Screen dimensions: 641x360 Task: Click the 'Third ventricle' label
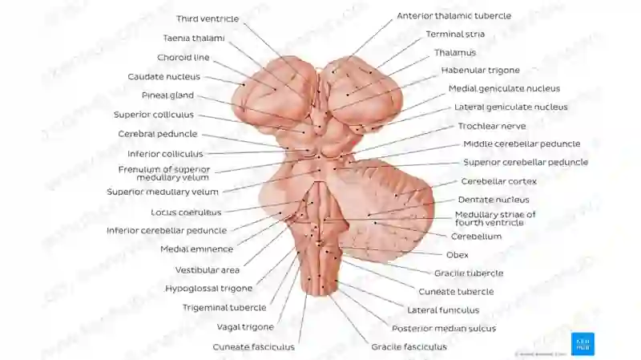208,18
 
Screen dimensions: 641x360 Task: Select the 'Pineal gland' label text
167,95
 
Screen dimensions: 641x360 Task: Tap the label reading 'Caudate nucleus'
164,76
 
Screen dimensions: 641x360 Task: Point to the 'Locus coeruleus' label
186,212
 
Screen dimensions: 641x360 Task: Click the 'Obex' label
457,255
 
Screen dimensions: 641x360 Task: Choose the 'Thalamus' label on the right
455,53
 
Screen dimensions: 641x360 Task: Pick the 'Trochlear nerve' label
492,126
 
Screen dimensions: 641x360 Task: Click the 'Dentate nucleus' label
494,200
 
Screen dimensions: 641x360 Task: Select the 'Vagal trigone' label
245,327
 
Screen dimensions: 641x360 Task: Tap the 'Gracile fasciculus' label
409,347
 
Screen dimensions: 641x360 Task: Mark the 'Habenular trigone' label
480,71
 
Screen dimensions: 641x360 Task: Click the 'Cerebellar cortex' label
498,181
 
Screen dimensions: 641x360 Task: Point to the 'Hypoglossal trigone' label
208,289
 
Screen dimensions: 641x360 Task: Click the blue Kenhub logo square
583,344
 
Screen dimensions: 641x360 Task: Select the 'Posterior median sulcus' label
444,329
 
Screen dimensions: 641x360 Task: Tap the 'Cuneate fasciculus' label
253,347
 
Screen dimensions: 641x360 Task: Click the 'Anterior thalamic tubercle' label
454,16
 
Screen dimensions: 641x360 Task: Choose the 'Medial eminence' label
196,249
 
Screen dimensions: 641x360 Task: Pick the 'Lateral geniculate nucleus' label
511,107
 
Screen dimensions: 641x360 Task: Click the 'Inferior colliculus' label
165,154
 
